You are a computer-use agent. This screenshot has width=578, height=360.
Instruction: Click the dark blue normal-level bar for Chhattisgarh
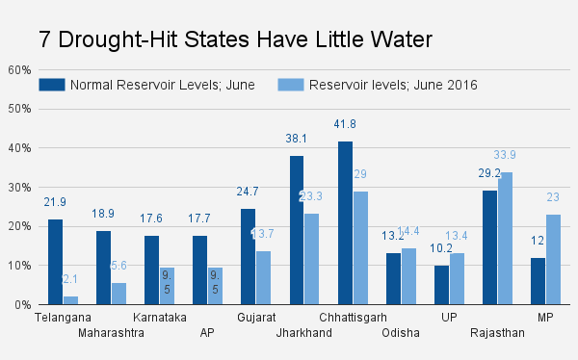[345, 223]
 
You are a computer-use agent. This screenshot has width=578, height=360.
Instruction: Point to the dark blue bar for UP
[441, 285]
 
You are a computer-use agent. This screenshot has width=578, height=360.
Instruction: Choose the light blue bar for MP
[553, 259]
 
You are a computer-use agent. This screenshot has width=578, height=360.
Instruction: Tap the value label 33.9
[505, 155]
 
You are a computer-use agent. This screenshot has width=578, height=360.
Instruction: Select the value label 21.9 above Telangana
[55, 202]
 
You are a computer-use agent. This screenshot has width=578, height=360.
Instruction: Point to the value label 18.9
[103, 214]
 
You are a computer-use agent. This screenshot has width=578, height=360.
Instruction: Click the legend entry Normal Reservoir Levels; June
[146, 85]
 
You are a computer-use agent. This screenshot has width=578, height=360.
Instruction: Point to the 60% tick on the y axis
[19, 69]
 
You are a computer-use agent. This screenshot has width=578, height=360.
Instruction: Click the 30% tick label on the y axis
[19, 187]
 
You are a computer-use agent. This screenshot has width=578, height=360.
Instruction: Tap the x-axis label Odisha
[401, 333]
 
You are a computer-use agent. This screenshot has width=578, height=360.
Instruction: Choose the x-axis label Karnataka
[159, 317]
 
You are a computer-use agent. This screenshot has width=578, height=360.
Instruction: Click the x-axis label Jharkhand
[303, 333]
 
